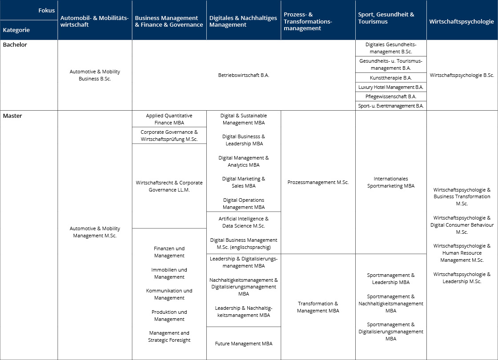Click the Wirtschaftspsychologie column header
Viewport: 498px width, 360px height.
pos(462,21)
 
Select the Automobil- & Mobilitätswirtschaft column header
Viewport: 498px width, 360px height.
pos(94,21)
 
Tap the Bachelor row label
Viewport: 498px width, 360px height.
pos(15,45)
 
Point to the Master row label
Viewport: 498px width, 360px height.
pos(12,116)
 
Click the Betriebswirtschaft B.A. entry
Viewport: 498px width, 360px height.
pos(244,75)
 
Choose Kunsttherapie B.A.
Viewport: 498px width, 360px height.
pos(391,78)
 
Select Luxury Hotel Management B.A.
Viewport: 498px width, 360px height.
pos(391,87)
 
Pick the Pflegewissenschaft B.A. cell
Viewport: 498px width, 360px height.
pos(391,96)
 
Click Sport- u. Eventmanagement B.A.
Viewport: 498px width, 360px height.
pos(391,106)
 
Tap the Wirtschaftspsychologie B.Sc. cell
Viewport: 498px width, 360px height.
pos(462,75)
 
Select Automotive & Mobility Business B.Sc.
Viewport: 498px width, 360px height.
pos(95,75)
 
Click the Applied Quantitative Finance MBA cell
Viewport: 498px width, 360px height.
pos(169,119)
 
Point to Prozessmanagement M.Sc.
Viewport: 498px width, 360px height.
pos(318,182)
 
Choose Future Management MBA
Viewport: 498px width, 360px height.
pos(244,344)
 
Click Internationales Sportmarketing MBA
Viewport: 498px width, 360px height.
pos(391,182)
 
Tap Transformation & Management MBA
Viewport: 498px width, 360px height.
pos(318,307)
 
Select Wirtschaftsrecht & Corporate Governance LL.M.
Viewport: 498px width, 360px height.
pos(169,186)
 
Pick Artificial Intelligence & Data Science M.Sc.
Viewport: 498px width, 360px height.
pos(244,222)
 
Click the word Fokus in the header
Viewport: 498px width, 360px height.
pos(46,10)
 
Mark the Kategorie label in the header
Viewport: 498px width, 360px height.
pos(16,30)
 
